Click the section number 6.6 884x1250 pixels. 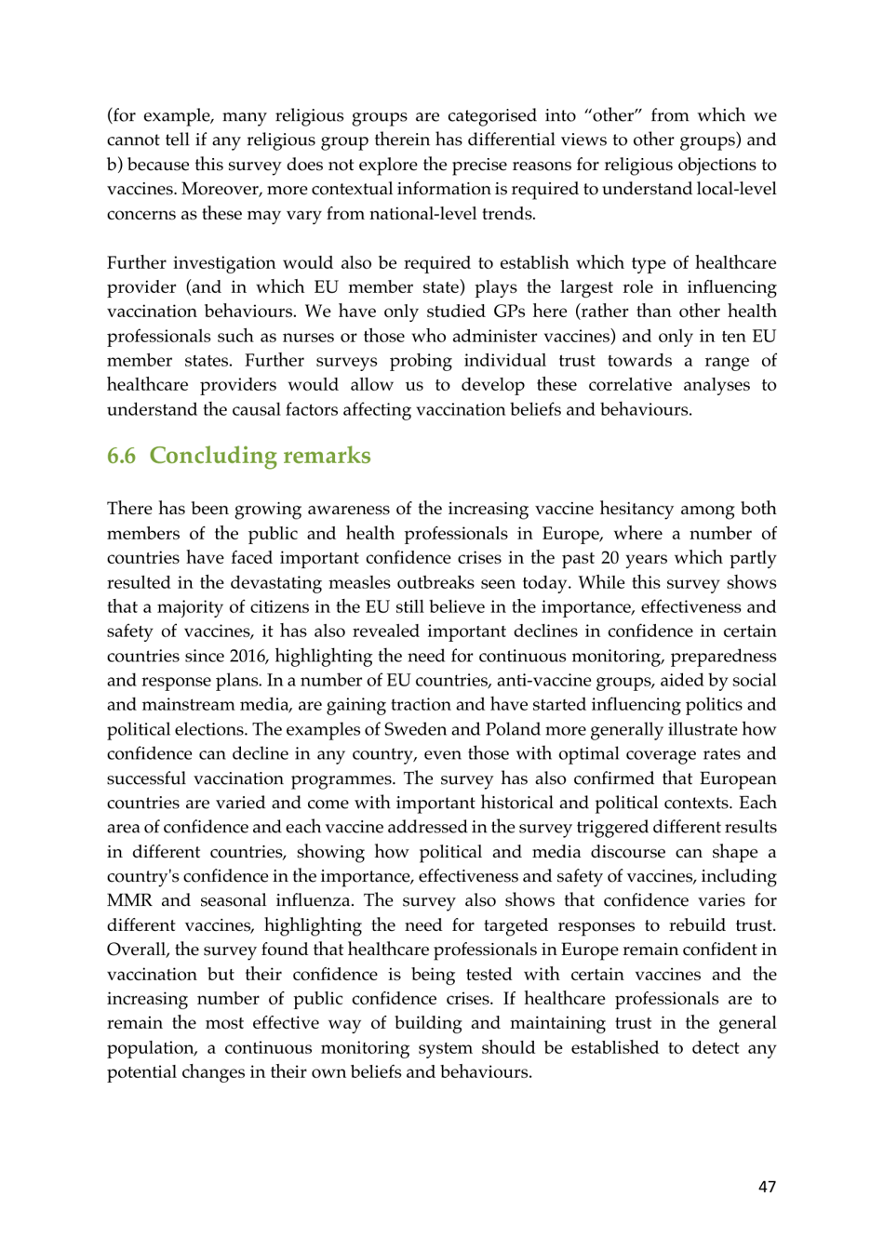[121, 456]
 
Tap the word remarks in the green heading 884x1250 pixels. [326, 456]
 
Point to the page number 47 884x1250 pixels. [767, 1187]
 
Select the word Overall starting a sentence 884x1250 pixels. [137, 950]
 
